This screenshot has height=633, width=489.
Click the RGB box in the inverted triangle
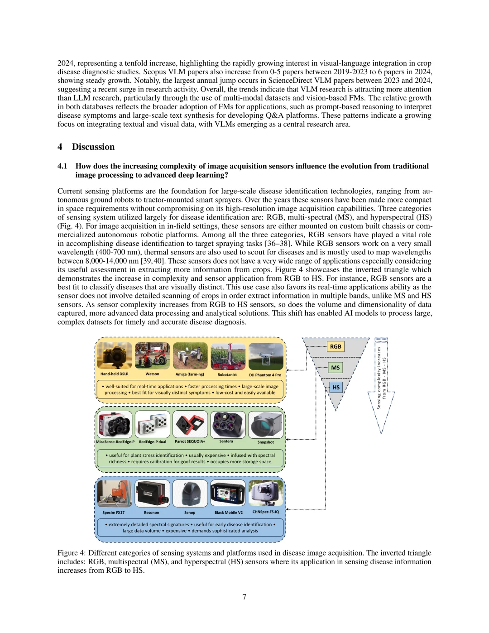336,347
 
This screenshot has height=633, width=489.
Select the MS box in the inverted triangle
336,368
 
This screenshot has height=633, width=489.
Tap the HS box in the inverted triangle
336,388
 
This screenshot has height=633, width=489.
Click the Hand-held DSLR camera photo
115,355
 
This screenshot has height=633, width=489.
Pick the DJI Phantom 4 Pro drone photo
266,356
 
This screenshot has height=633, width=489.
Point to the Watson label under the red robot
152,374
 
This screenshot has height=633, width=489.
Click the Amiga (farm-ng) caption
190,374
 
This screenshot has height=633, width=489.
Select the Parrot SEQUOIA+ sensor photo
190,424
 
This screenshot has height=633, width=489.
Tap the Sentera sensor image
228,424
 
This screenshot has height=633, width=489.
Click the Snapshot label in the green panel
266,442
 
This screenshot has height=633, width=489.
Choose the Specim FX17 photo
115,493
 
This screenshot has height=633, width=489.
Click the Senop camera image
190,493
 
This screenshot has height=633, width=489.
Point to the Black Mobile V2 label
229,513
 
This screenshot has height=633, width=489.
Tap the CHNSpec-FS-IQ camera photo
266,493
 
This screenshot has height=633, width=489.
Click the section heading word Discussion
93,147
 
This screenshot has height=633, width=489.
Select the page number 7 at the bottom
244,597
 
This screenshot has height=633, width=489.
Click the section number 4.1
62,166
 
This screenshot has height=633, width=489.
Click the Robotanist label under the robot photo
227,374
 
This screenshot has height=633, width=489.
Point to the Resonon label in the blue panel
152,513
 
